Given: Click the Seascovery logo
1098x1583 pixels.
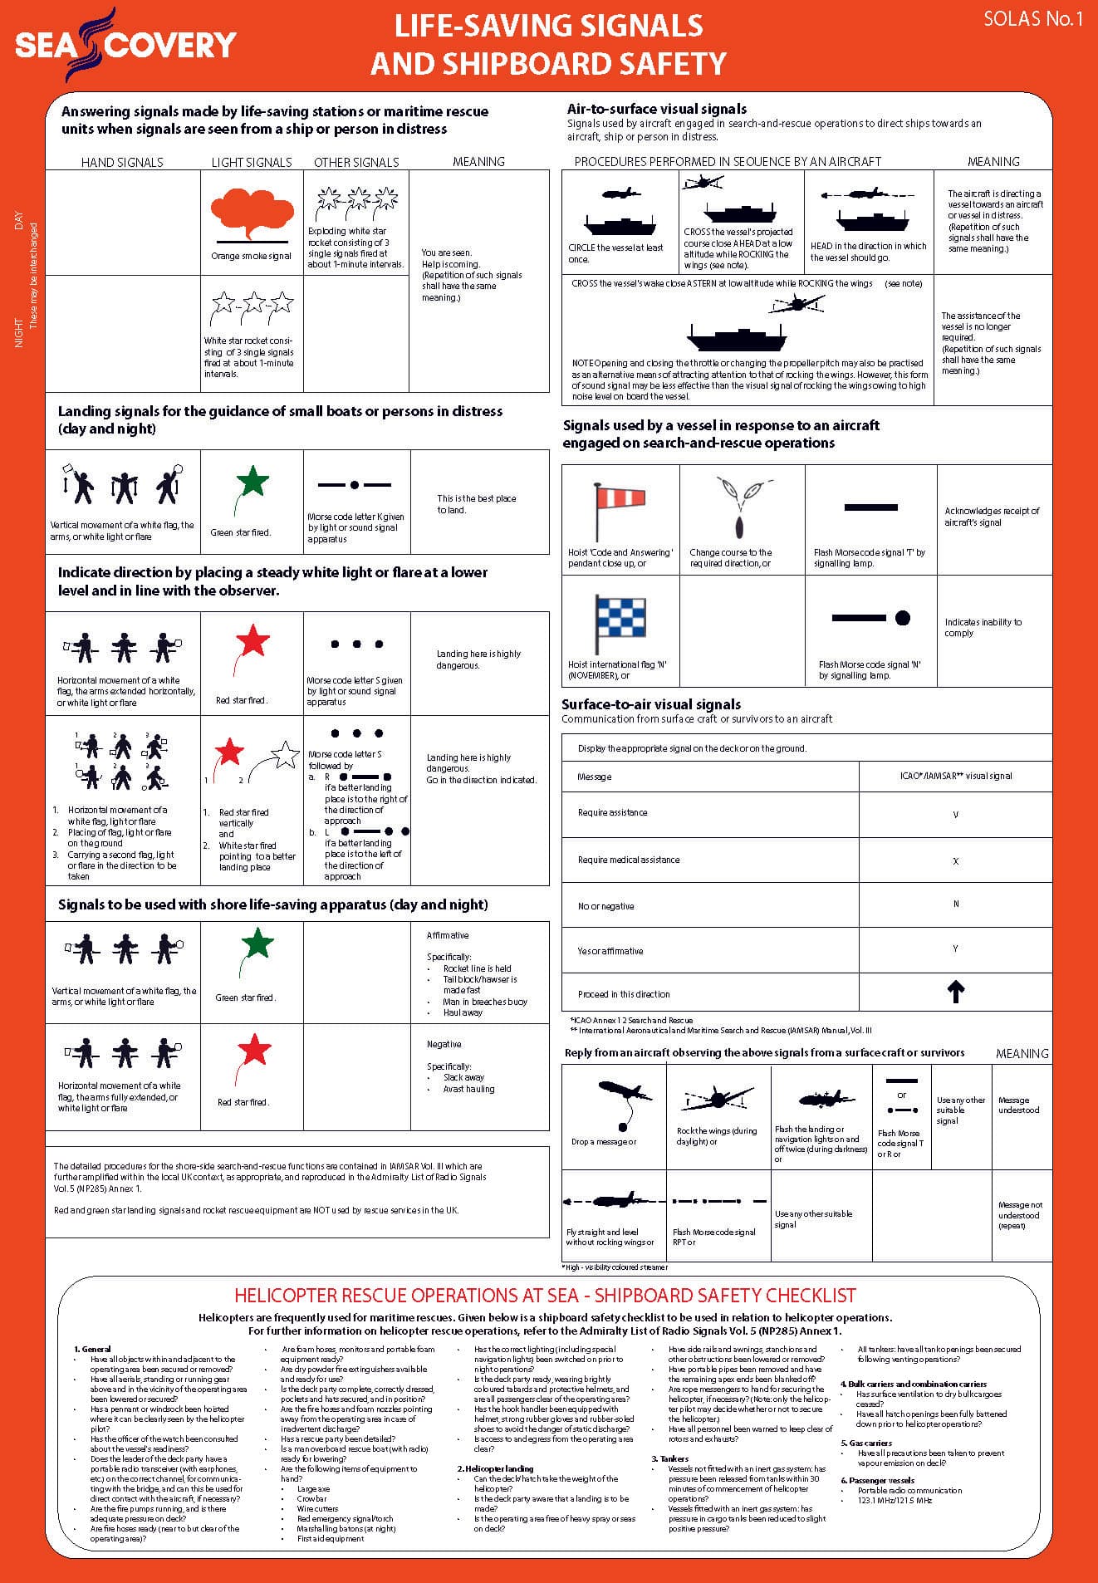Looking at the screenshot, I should (125, 43).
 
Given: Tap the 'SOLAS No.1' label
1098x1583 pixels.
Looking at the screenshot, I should (1032, 19).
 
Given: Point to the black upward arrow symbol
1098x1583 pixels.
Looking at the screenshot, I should (955, 992).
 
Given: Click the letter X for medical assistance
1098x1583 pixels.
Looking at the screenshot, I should (955, 861).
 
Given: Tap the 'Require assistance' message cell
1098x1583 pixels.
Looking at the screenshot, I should (613, 812).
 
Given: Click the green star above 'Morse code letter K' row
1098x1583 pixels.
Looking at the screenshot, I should (252, 481).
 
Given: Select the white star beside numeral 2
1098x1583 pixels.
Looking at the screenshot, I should (285, 754).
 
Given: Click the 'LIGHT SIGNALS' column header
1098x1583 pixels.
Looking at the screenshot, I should (252, 162).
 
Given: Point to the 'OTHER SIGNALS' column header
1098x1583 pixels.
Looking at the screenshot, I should (356, 162).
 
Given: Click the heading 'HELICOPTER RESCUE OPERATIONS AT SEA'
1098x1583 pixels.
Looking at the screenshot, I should (545, 1295).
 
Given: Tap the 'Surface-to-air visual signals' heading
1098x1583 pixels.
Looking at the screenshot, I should (651, 704).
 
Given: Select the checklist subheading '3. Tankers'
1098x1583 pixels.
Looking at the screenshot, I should (670, 1458).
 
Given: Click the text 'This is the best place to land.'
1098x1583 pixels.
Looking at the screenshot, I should (477, 504).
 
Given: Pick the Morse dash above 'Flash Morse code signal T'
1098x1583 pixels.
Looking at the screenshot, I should (870, 507).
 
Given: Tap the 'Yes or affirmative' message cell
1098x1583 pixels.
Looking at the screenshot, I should (610, 951).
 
